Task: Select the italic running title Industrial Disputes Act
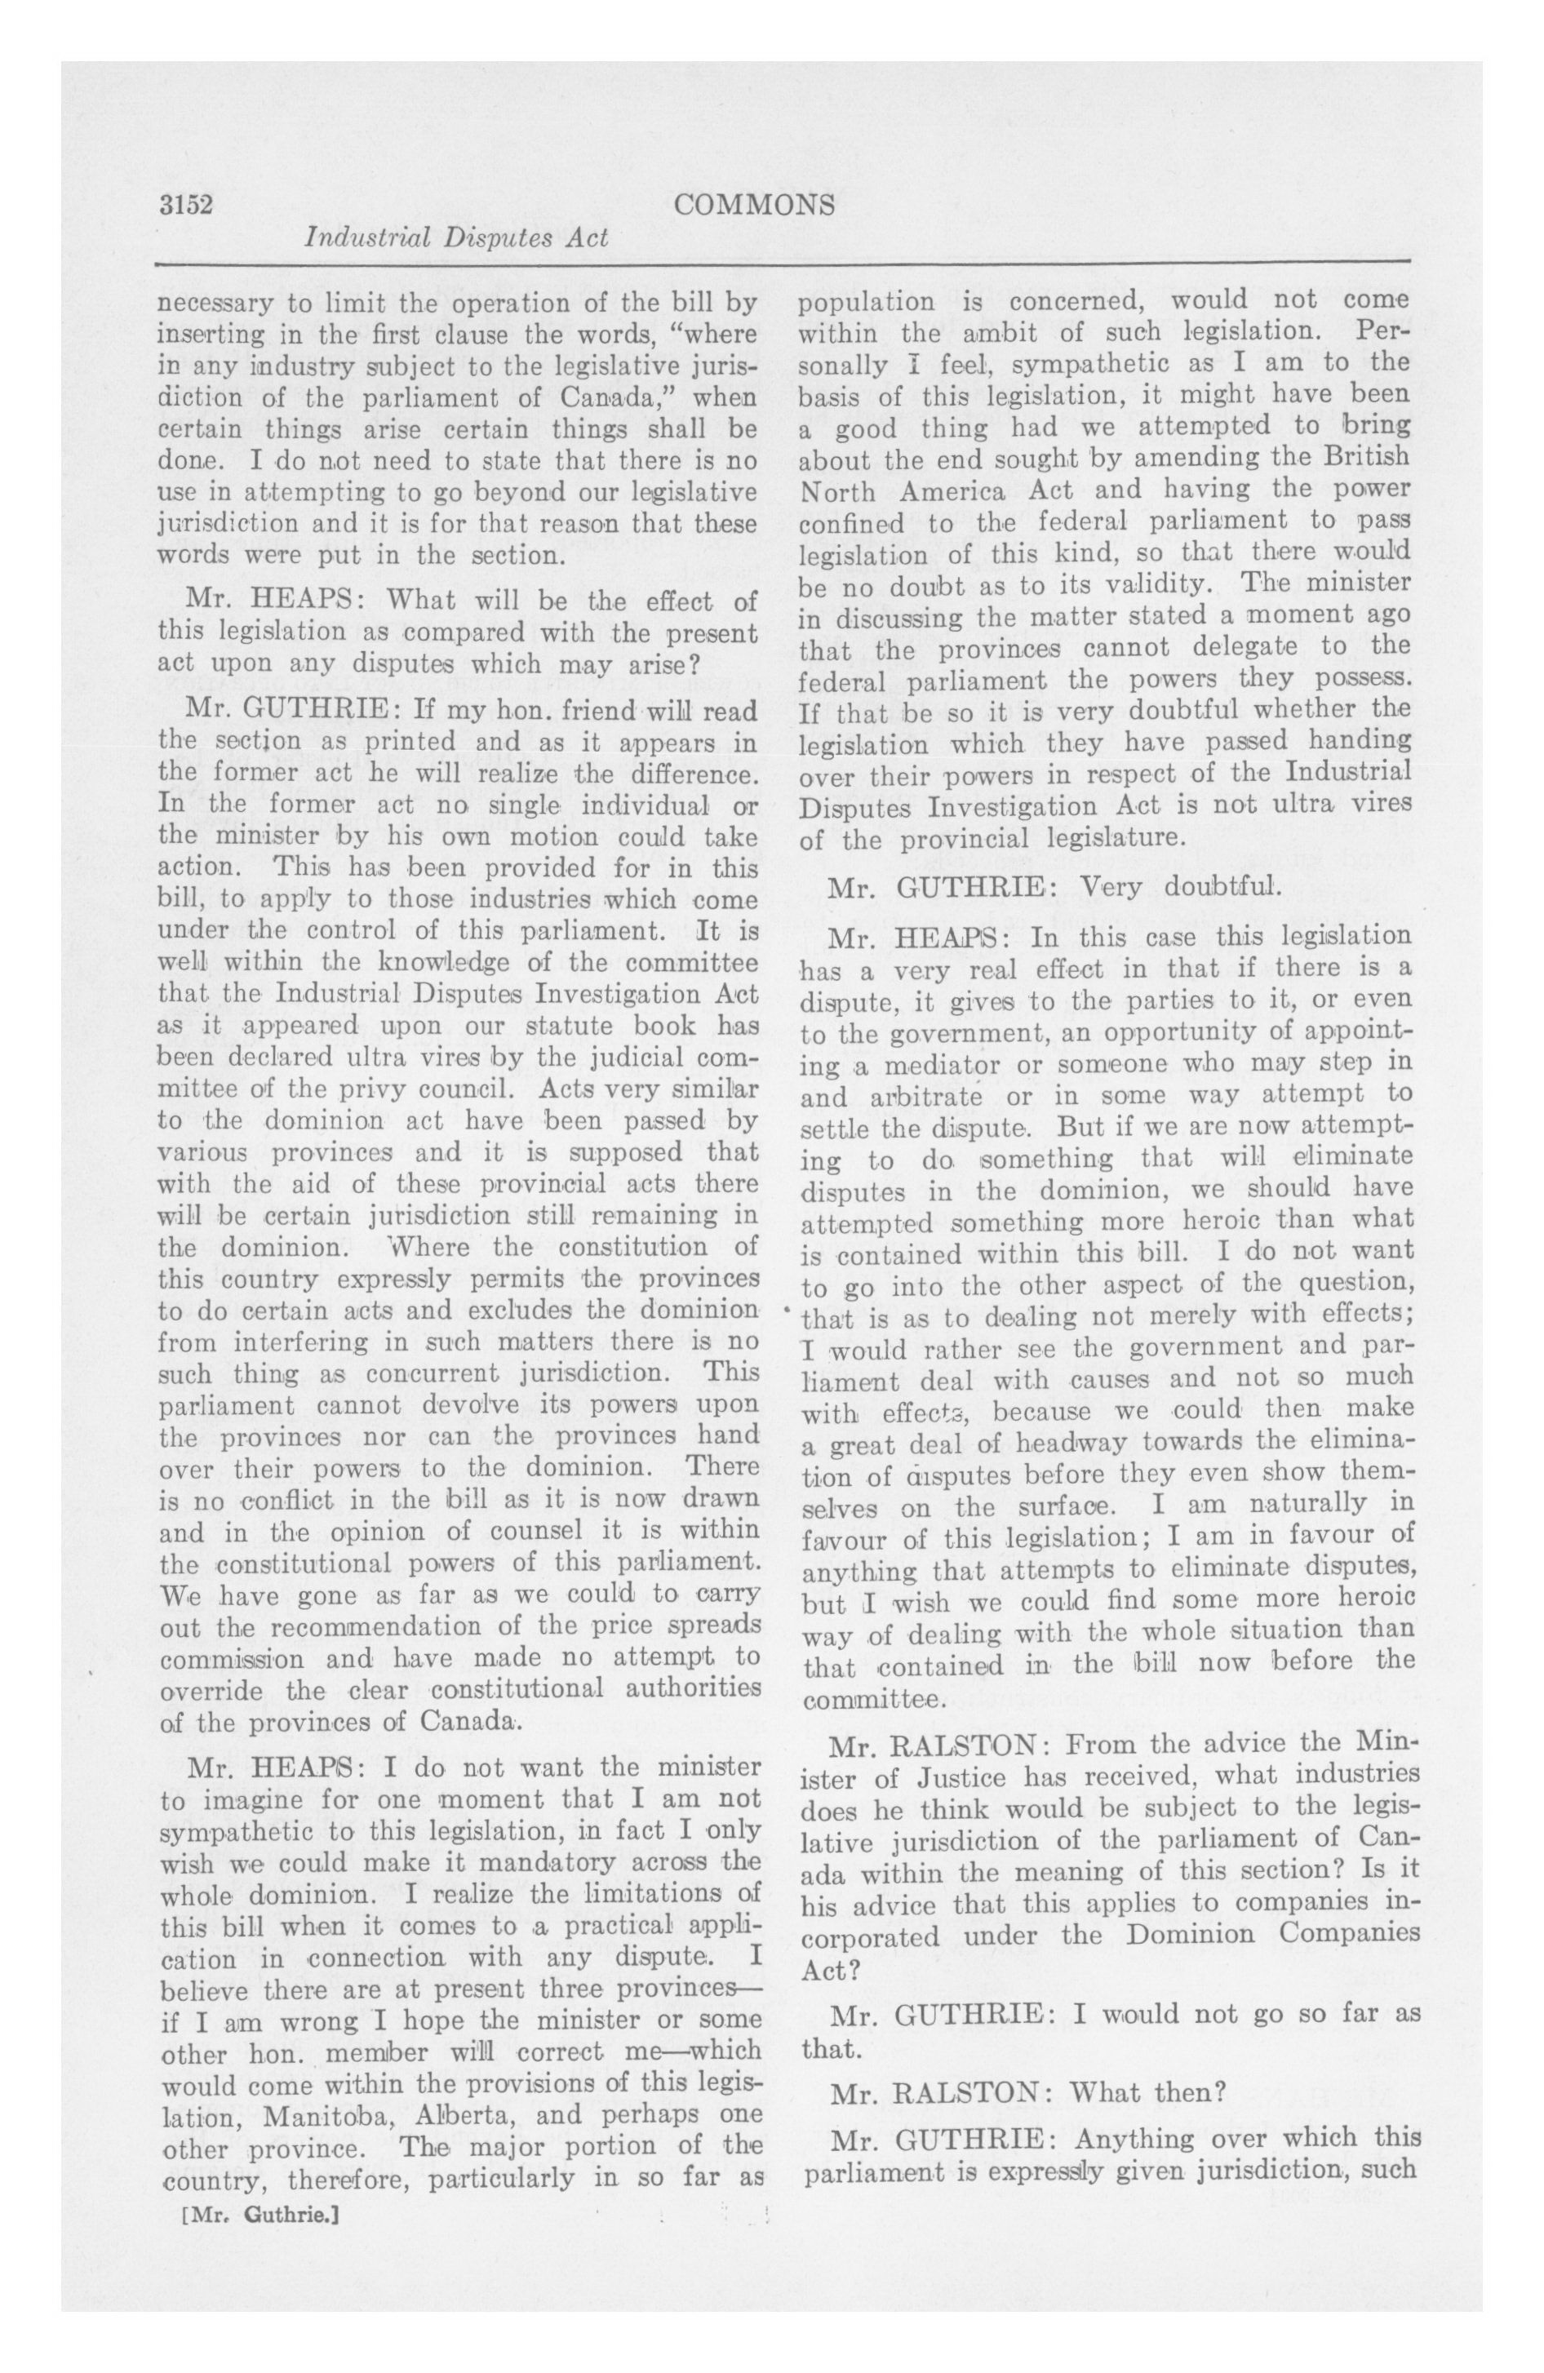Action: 456,238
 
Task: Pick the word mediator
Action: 930,1062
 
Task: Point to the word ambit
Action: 974,331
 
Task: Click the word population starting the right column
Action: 867,301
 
